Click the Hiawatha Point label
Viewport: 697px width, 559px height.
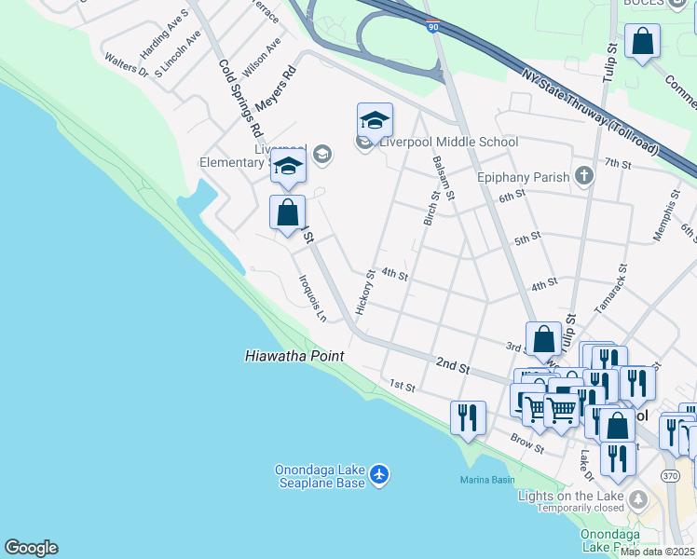tap(294, 356)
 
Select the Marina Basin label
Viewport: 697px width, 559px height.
tap(486, 480)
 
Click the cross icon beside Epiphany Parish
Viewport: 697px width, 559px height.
tap(583, 176)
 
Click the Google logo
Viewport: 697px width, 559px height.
tap(31, 548)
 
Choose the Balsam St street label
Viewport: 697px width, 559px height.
tap(443, 178)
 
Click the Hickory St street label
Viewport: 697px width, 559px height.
tap(364, 292)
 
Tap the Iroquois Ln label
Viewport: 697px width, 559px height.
tap(312, 297)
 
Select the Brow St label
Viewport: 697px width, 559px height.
tap(526, 443)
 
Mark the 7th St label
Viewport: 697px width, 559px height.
tap(617, 164)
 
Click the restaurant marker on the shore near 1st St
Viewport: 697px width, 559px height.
tap(468, 417)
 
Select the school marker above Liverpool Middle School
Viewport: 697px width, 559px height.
tap(375, 121)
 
